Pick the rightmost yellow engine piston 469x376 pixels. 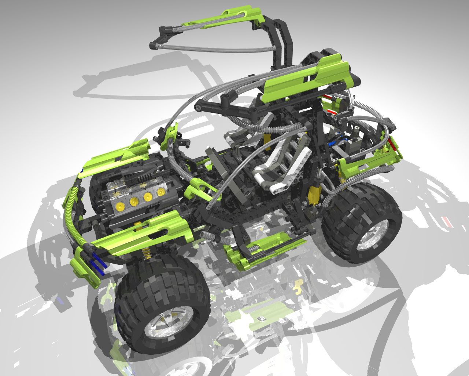point(161,192)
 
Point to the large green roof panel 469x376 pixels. point(308,77)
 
